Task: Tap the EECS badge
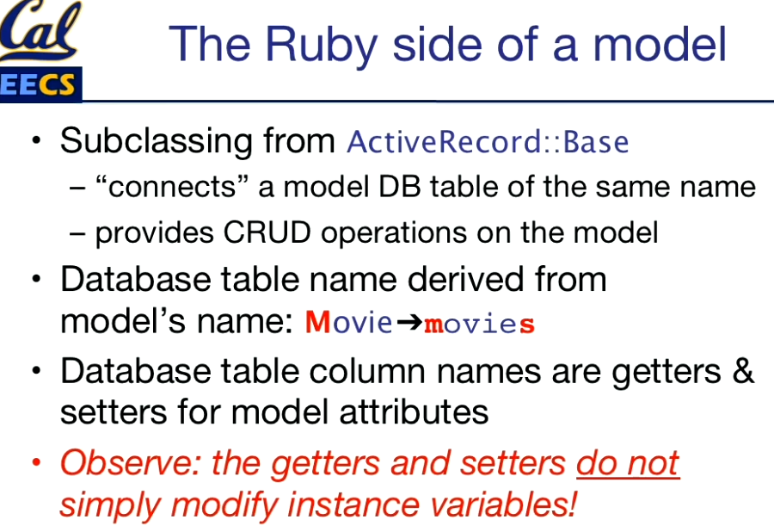tap(40, 84)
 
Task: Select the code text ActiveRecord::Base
tap(488, 143)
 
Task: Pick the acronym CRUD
tap(267, 232)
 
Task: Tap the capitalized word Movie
tap(349, 323)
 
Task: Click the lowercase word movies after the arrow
tap(479, 324)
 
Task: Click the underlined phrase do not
tap(628, 464)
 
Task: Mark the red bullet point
tap(36, 462)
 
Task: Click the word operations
tap(393, 233)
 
